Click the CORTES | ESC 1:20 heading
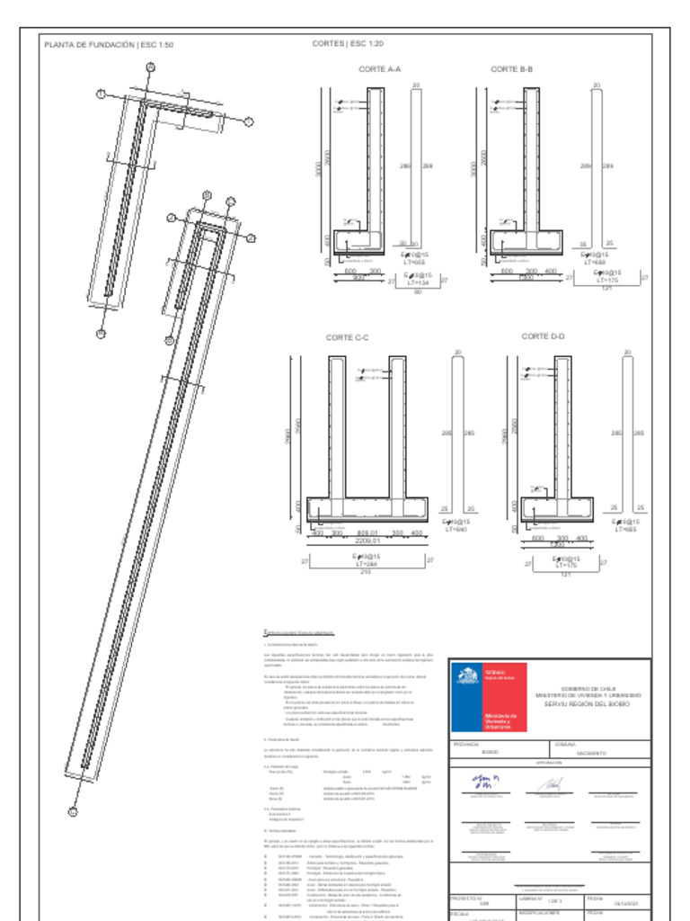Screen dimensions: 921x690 [x=348, y=43]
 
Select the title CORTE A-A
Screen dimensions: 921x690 [x=379, y=69]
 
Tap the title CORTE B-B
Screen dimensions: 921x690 [x=511, y=69]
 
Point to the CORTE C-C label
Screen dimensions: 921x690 [x=348, y=338]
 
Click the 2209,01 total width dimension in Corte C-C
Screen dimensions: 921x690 [x=367, y=541]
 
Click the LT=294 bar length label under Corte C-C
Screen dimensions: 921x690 [x=367, y=564]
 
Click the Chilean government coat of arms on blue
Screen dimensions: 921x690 [x=467, y=677]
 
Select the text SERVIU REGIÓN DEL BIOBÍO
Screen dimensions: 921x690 [x=588, y=704]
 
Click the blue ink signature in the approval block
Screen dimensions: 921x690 [x=486, y=782]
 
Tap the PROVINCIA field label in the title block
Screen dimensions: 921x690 [x=466, y=745]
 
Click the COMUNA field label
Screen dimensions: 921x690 [x=566, y=745]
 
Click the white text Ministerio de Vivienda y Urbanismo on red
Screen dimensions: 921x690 [x=500, y=720]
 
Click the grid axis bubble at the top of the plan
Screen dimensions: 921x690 [x=150, y=67]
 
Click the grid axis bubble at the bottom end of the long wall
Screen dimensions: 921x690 [x=74, y=811]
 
